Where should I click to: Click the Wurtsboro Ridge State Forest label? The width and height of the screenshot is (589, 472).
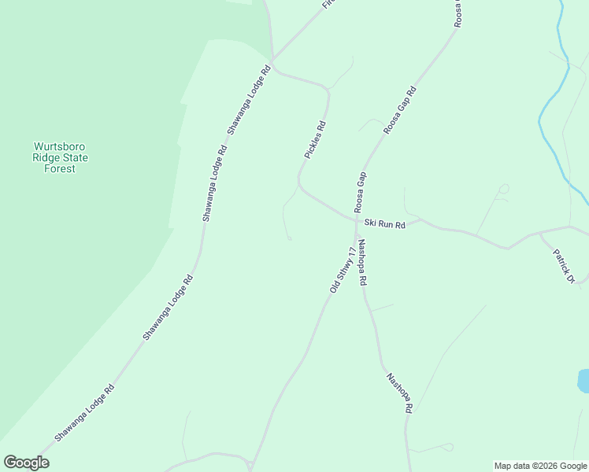(x=60, y=157)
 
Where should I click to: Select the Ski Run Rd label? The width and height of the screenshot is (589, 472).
(x=384, y=224)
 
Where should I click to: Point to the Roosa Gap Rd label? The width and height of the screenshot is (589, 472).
(x=399, y=111)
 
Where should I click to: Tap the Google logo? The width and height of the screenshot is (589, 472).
(x=26, y=463)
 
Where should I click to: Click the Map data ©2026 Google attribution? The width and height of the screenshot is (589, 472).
(x=540, y=466)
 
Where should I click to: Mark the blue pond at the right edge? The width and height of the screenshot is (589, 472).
(x=583, y=381)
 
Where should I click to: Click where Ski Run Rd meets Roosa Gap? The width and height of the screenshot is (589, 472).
(x=357, y=219)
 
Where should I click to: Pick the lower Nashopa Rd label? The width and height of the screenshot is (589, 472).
(x=399, y=393)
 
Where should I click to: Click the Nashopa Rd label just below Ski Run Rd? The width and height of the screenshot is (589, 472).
(x=363, y=262)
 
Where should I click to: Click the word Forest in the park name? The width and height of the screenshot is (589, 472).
(x=60, y=168)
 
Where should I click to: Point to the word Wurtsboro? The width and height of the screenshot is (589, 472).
(x=60, y=146)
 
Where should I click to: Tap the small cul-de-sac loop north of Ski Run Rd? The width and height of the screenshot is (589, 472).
(x=504, y=188)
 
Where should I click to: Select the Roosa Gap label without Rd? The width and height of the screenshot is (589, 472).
(x=361, y=192)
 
